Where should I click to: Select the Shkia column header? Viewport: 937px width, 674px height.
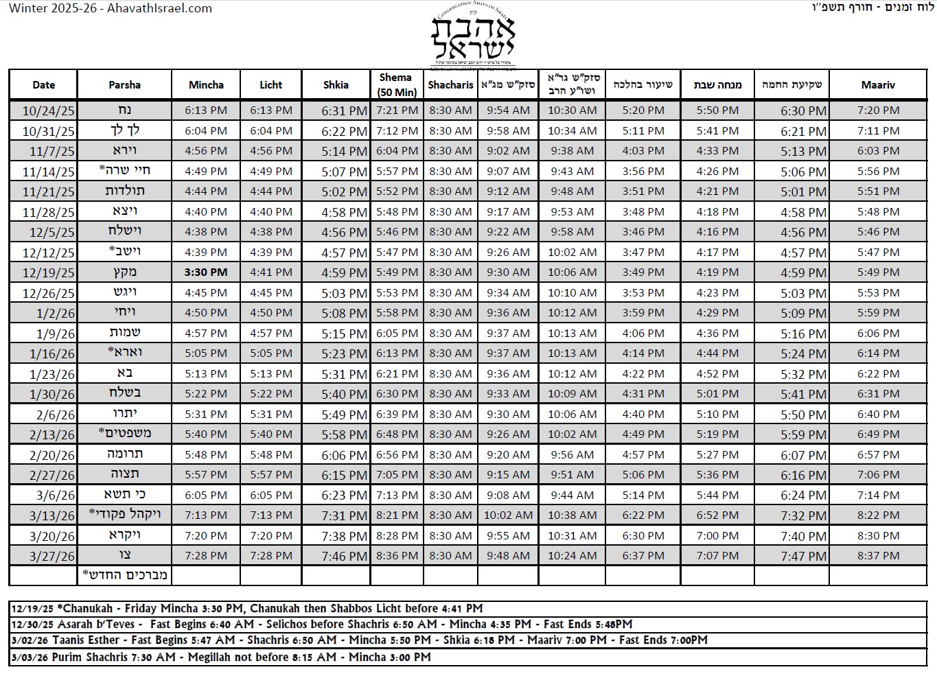[336, 85]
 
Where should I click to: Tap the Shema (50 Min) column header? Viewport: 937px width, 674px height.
[396, 85]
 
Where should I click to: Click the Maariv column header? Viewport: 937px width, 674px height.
[878, 85]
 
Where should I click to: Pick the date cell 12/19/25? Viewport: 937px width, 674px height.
[48, 272]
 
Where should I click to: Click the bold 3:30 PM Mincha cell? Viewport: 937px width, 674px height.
[206, 272]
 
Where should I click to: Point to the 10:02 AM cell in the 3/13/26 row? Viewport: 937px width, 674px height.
[508, 515]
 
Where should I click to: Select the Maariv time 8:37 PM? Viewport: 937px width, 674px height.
[878, 556]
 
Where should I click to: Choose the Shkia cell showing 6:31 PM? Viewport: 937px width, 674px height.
[344, 111]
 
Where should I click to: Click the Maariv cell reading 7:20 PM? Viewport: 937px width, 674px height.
[878, 111]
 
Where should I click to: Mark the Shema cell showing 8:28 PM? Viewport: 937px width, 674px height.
[397, 535]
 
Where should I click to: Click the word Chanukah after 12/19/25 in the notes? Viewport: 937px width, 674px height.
[87, 608]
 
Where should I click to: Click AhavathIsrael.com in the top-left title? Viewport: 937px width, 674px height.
[159, 9]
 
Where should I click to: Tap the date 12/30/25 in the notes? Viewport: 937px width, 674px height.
[32, 625]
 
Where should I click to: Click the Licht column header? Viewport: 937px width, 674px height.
[270, 85]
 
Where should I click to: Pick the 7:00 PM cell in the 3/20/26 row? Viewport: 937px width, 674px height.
[717, 535]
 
